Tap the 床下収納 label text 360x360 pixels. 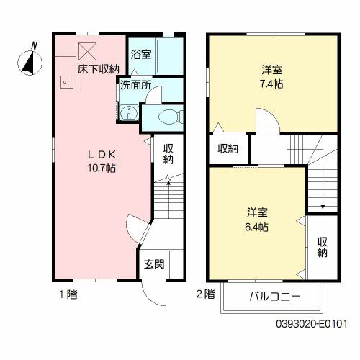[99, 69]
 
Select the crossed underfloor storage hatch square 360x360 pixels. [87, 50]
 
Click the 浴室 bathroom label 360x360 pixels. [140, 54]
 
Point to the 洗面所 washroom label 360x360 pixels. [135, 84]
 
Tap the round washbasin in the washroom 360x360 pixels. [127, 112]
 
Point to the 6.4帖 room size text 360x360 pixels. [257, 226]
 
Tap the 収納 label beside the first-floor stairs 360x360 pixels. [168, 153]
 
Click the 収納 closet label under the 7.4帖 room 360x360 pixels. [228, 149]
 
